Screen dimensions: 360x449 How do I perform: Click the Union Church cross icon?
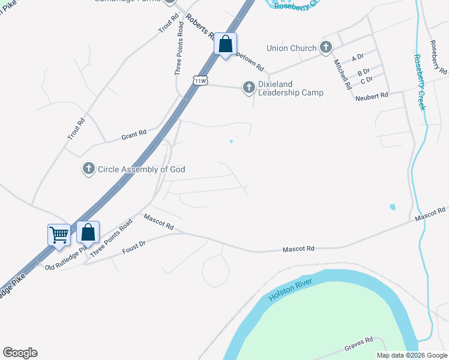[x=326, y=47]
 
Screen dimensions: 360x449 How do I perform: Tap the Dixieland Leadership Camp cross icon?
[x=249, y=88]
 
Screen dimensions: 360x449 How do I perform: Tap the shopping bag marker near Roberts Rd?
[x=226, y=44]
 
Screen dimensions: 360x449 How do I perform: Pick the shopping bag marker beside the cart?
[x=88, y=232]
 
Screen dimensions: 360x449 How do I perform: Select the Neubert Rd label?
[x=372, y=96]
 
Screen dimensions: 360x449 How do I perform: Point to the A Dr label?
[x=358, y=58]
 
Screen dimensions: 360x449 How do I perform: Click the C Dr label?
[x=366, y=79]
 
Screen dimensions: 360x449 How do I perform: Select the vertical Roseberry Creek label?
[x=419, y=82]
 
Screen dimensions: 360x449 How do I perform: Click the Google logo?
[x=20, y=353]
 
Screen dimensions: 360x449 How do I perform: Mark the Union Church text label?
[x=291, y=48]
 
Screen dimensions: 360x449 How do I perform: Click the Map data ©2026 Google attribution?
[x=411, y=355]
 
